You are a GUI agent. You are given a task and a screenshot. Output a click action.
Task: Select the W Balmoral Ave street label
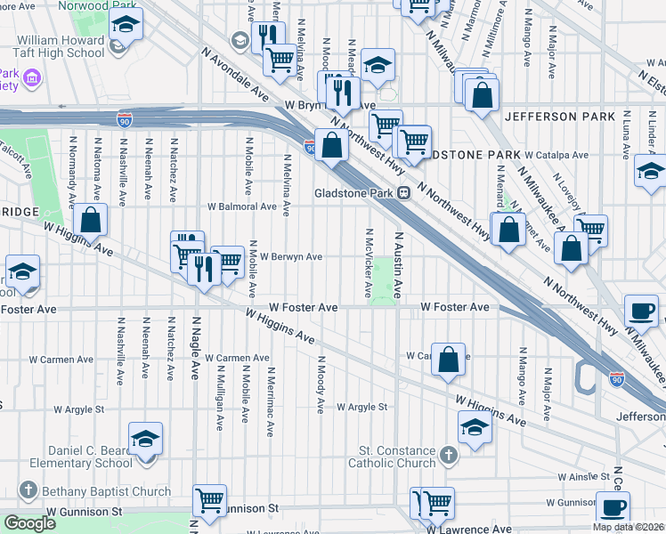242,206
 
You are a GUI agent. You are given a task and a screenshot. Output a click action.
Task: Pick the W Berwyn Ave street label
290,256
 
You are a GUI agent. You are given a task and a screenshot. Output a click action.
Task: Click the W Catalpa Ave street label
556,155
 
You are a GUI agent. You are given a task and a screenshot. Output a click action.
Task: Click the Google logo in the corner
30,524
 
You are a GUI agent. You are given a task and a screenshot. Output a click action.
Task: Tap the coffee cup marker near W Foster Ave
641,311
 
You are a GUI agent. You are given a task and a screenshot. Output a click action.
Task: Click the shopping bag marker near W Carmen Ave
450,360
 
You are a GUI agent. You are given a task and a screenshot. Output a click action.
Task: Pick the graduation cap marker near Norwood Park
126,25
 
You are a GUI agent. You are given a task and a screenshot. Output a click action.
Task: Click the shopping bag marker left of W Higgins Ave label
91,221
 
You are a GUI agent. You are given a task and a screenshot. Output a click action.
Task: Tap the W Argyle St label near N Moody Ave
362,407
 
